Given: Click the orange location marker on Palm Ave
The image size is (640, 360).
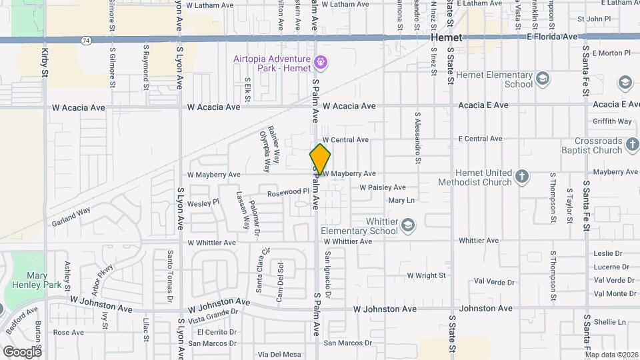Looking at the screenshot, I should (320, 159).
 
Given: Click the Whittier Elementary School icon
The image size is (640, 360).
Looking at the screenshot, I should (407, 226).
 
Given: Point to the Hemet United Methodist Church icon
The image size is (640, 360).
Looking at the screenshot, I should (522, 177).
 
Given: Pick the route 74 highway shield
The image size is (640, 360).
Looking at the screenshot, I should (87, 41).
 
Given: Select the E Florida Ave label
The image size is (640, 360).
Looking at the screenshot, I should (552, 37).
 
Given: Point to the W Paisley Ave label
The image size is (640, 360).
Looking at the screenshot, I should (383, 187).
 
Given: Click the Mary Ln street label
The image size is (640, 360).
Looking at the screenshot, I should (401, 200).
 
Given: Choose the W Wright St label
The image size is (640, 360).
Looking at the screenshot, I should (426, 275).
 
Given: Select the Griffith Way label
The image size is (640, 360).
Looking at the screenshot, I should (612, 121).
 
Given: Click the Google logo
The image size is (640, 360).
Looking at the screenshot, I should (22, 351).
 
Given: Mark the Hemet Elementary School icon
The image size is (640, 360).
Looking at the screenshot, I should (542, 79).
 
